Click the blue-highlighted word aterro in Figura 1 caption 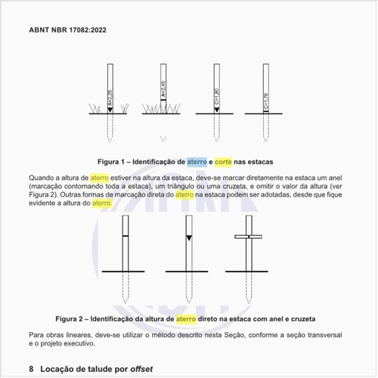[x=197, y=162]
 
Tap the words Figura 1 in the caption [x=114, y=162]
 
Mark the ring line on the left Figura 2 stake [x=125, y=237]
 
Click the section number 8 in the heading [x=31, y=369]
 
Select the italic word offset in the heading [x=142, y=369]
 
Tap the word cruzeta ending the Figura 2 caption [x=300, y=319]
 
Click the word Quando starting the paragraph [x=42, y=177]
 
